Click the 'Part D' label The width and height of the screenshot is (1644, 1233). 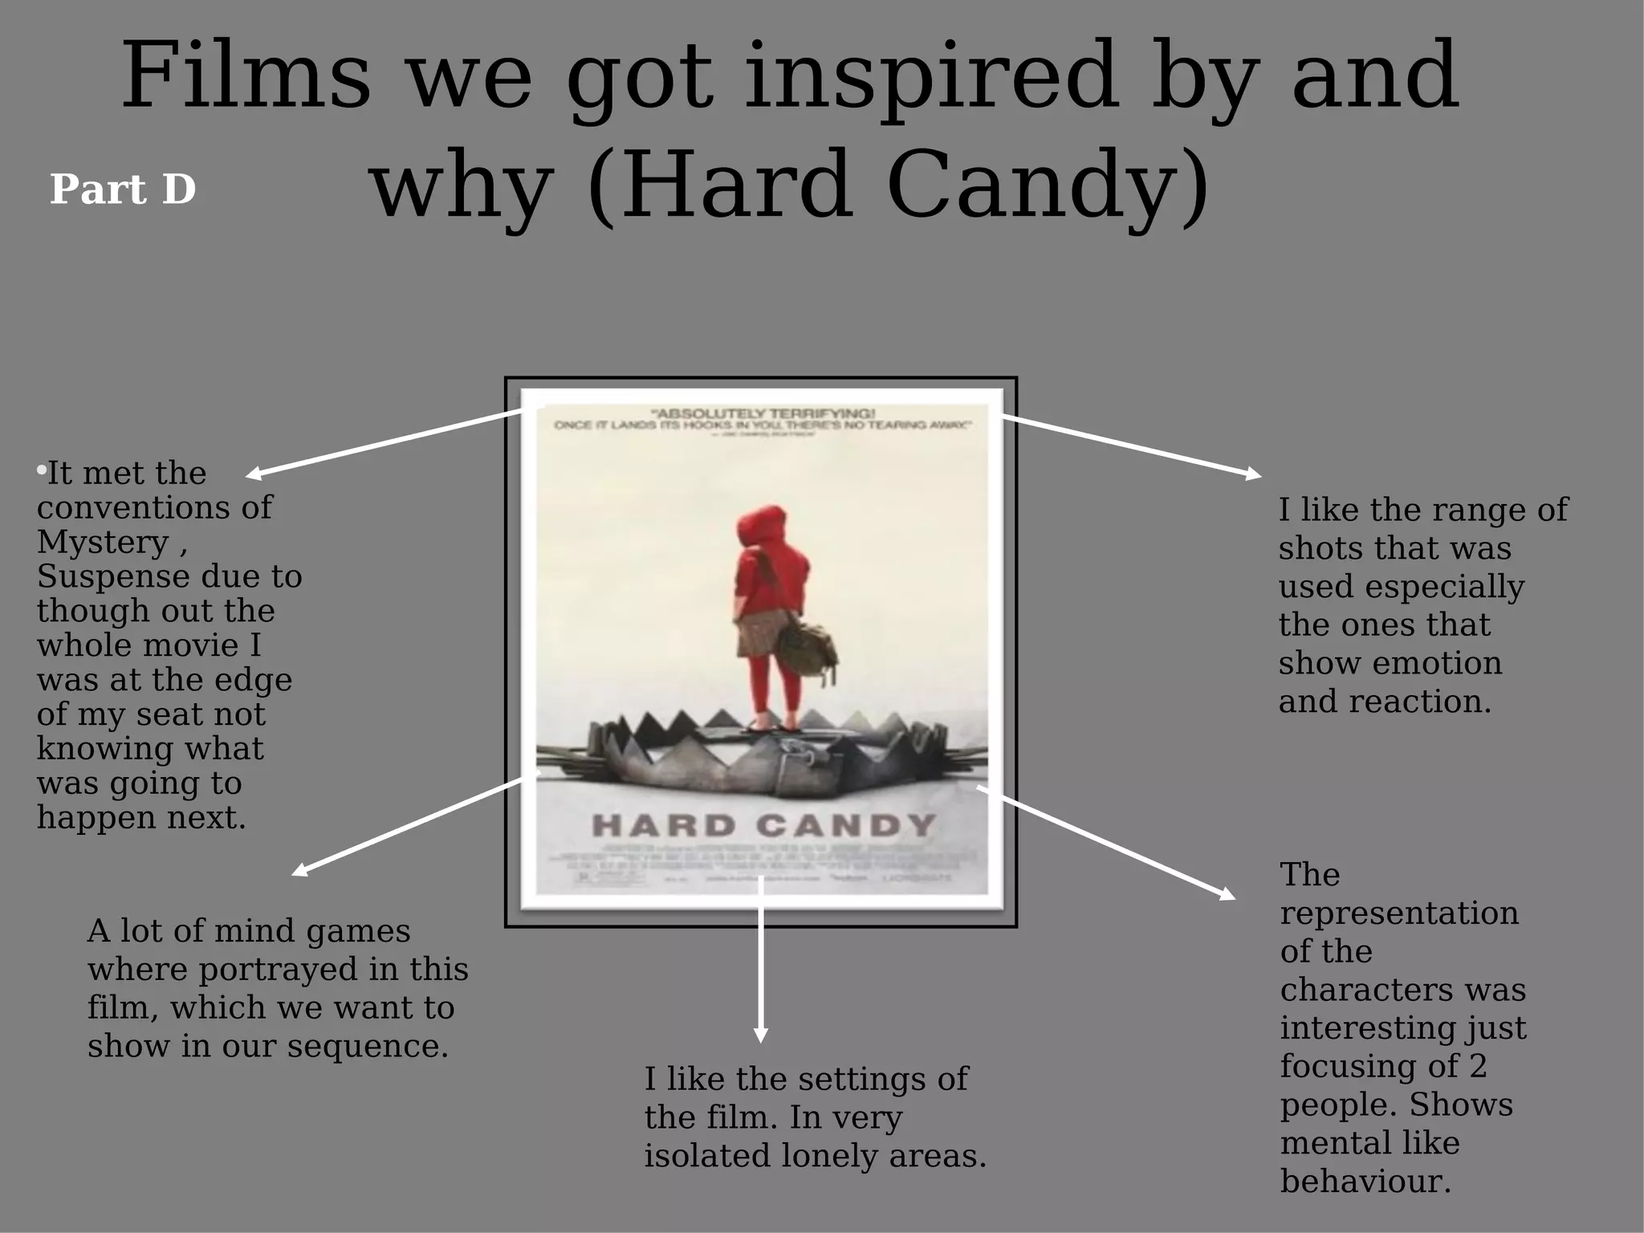123,189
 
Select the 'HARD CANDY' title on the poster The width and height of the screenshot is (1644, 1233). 763,825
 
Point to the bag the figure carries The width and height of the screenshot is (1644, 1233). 808,646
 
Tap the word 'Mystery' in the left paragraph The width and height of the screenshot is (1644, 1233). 103,543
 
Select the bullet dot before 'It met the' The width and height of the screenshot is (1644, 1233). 41,470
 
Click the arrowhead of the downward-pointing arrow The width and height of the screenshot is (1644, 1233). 761,1035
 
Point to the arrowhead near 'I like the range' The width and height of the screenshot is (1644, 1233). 1253,475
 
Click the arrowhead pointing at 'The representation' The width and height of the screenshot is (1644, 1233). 1227,894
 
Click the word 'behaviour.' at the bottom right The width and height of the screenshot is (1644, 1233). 1365,1182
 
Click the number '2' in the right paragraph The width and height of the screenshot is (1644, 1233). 1478,1066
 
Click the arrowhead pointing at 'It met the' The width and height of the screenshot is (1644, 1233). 254,474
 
